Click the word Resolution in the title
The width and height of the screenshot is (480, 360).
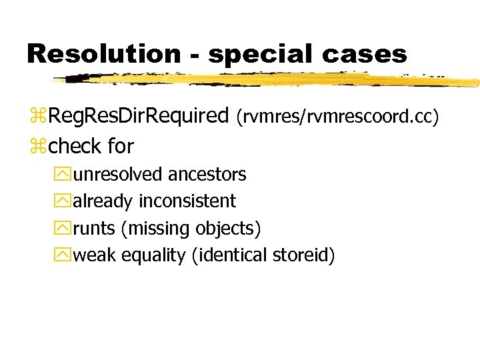103,53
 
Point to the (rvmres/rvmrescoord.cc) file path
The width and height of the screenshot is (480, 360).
337,117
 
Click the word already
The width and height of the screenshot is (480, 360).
103,201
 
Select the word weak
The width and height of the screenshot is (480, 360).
94,255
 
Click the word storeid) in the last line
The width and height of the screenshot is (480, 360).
303,255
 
